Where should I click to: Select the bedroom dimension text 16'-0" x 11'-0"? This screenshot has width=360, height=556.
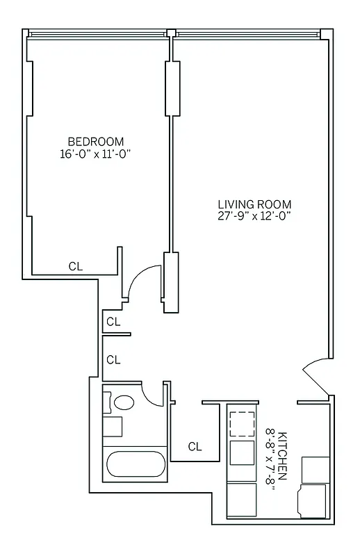[96, 154]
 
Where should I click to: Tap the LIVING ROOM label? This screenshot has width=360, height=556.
[254, 204]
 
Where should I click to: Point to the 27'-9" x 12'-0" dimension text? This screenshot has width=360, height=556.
[254, 216]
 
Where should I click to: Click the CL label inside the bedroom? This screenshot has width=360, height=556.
[75, 265]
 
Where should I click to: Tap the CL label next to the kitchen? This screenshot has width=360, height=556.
[195, 447]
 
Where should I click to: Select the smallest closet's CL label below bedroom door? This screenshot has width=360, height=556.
[113, 322]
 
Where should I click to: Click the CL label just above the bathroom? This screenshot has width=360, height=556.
[113, 359]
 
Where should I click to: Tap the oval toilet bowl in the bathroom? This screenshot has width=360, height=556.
[124, 402]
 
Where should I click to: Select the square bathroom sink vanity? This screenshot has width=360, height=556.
[113, 425]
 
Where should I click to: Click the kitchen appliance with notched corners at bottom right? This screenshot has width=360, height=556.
[313, 500]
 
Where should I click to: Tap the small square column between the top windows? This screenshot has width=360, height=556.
[170, 32]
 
